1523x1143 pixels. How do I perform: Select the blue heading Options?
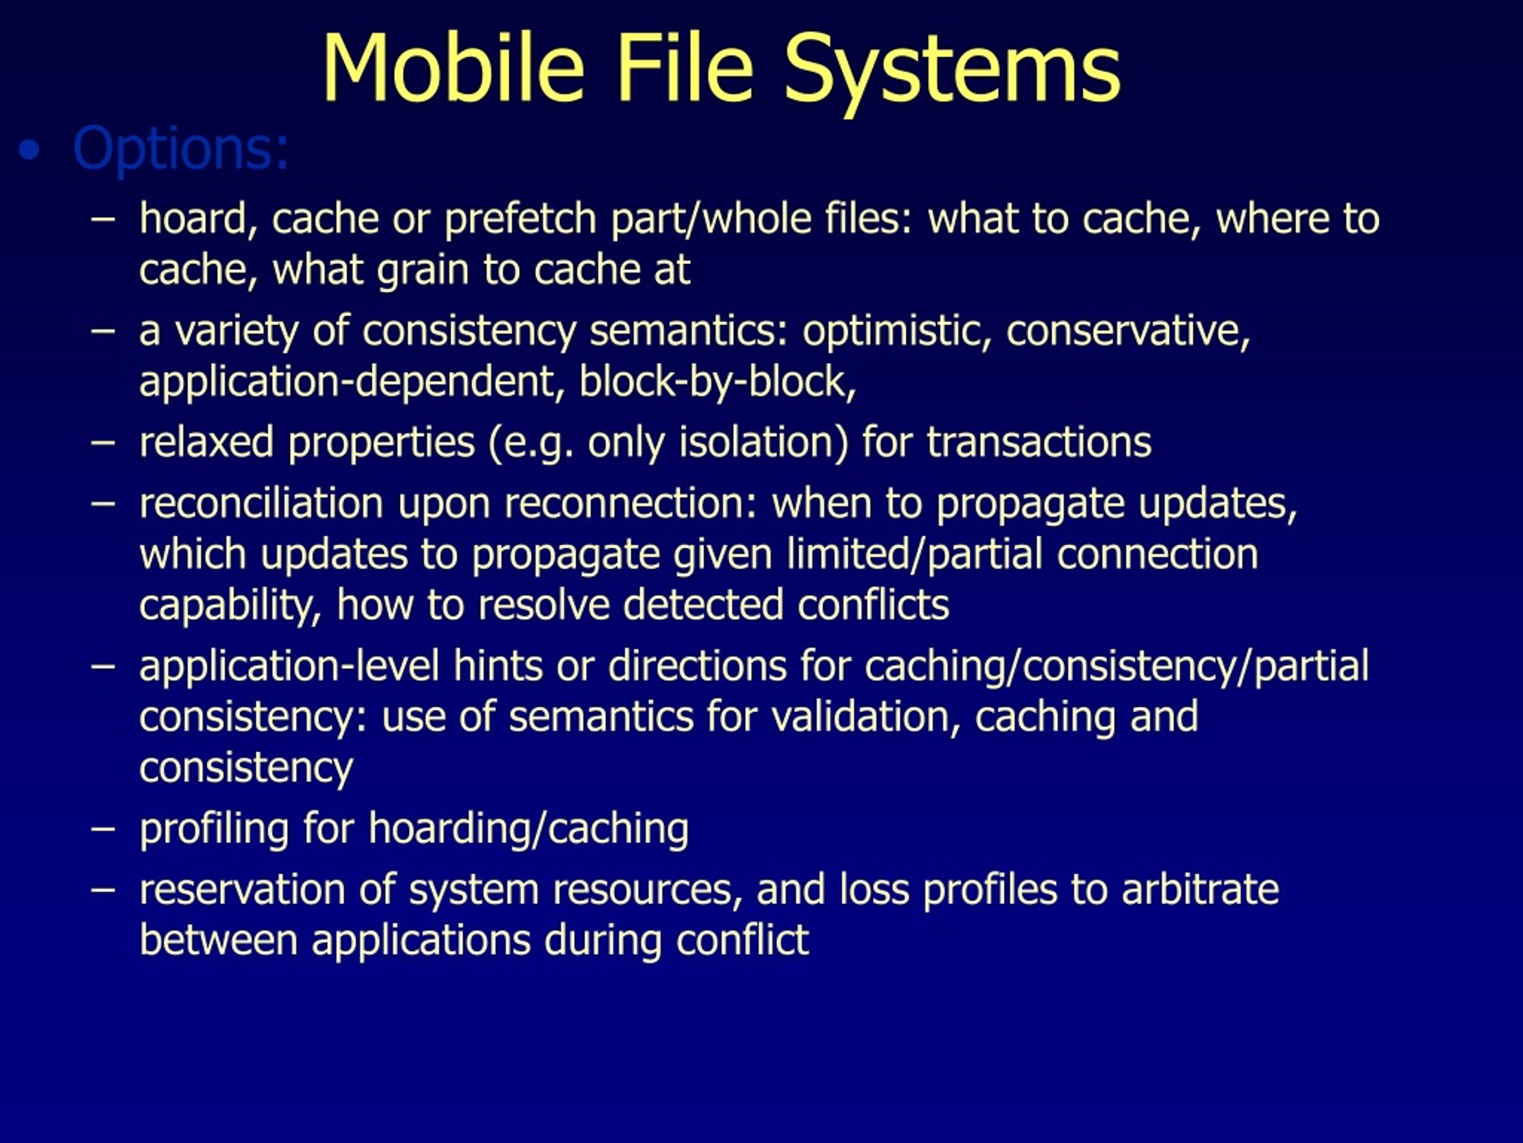click(x=180, y=149)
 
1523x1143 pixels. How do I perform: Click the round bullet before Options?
click(x=30, y=150)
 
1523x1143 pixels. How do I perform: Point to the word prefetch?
click(x=520, y=219)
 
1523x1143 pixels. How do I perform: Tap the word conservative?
click(x=1128, y=332)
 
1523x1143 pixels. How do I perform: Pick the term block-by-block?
click(x=717, y=382)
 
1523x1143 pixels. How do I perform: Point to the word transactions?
click(x=1039, y=442)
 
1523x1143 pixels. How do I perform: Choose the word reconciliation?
click(x=261, y=504)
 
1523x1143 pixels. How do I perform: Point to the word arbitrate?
click(x=1200, y=889)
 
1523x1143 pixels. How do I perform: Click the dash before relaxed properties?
click(x=104, y=442)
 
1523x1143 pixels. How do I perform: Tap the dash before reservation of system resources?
click(x=104, y=889)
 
